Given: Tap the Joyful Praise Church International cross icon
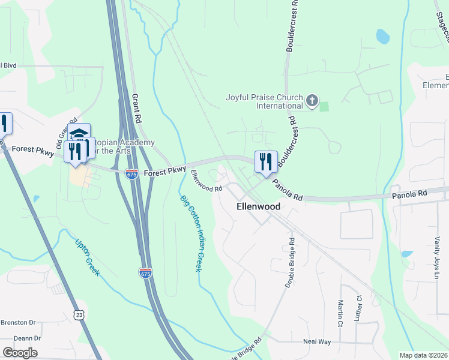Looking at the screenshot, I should click(x=312, y=101).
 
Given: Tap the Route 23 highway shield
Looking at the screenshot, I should click(x=80, y=314).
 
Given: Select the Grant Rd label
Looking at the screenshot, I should click(x=135, y=109).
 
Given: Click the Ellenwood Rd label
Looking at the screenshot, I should click(x=206, y=181).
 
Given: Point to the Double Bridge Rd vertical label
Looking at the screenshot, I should click(x=290, y=263).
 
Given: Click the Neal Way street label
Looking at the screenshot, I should click(x=317, y=341).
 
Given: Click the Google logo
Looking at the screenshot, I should click(x=20, y=352).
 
